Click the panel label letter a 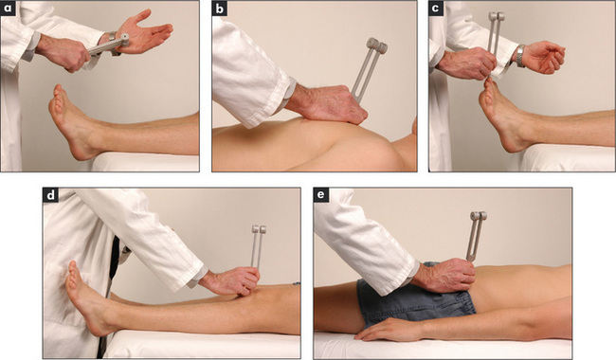9,9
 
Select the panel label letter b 220,9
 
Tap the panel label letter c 435,9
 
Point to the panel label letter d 50,195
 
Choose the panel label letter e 322,195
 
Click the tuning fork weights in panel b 377,45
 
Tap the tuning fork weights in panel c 497,16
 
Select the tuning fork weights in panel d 259,229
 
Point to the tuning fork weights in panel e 479,216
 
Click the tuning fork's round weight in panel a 124,39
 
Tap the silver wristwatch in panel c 520,56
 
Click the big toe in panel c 488,82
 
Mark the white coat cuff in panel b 290,91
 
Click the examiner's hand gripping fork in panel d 231,280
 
